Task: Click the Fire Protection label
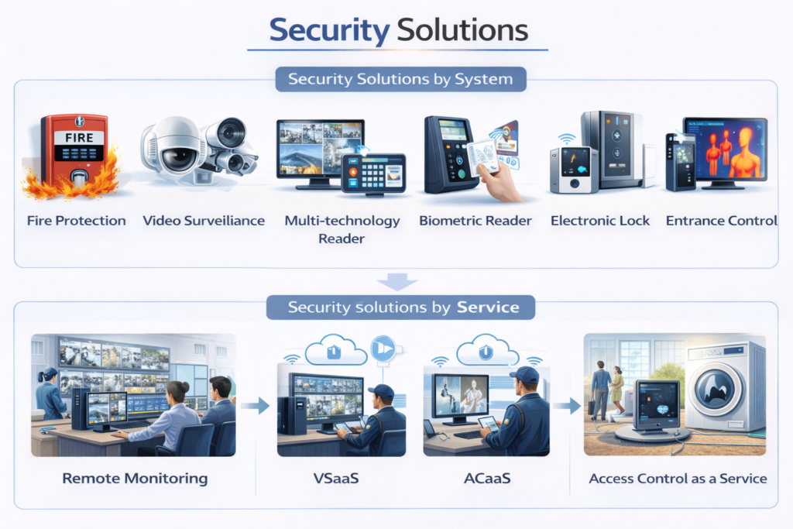click(76, 221)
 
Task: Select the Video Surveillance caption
click(204, 221)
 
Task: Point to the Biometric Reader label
click(475, 221)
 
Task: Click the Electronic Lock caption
click(600, 221)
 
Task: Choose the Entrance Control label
click(721, 221)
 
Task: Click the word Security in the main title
click(329, 31)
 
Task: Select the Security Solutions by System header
click(400, 79)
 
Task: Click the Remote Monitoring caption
click(135, 478)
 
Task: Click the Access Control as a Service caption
click(678, 478)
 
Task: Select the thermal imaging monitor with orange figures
click(726, 151)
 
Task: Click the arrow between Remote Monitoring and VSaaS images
click(260, 404)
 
